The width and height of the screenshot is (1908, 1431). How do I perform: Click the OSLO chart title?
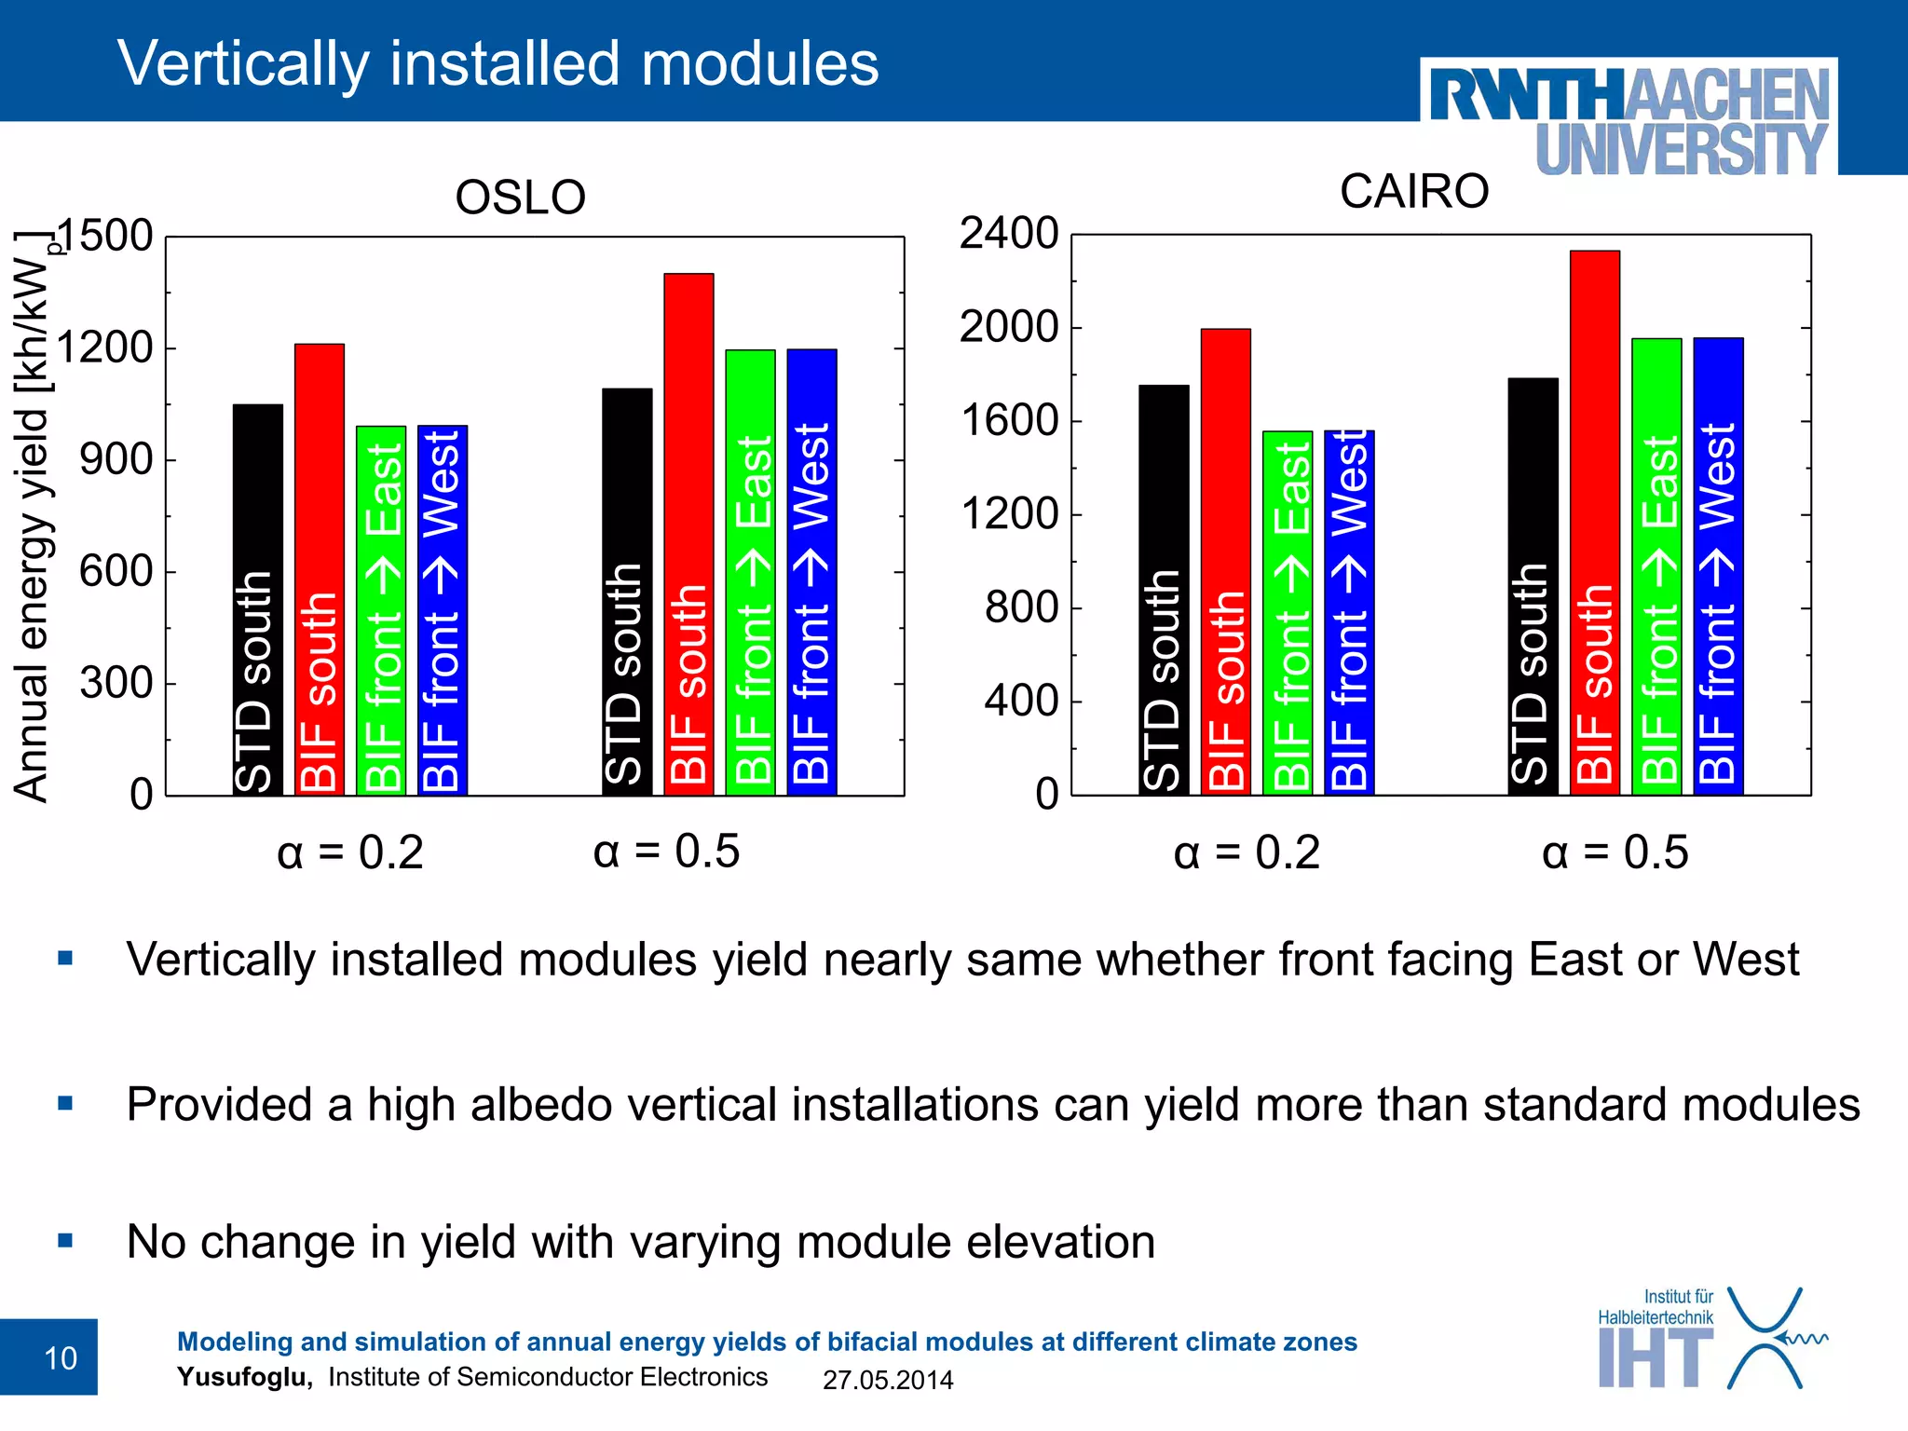pyautogui.click(x=520, y=198)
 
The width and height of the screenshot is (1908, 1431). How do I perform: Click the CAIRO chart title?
pyautogui.click(x=1413, y=192)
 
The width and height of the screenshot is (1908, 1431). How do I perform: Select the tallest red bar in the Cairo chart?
pyautogui.click(x=1594, y=522)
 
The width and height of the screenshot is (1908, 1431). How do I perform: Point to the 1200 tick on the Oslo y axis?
pyautogui.click(x=104, y=348)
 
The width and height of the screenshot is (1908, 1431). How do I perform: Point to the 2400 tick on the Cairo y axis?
pyautogui.click(x=1009, y=233)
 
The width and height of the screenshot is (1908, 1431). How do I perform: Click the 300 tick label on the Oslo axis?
pyautogui.click(x=116, y=683)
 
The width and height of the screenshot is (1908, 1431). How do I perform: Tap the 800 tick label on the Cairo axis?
pyautogui.click(x=1021, y=607)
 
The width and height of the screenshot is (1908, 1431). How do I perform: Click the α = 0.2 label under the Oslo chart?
pyautogui.click(x=350, y=852)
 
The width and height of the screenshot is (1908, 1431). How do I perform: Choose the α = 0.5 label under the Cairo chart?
pyautogui.click(x=1615, y=852)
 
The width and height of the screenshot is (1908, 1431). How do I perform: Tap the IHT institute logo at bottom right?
pyautogui.click(x=1710, y=1340)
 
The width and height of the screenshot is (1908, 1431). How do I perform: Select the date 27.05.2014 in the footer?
pyautogui.click(x=887, y=1380)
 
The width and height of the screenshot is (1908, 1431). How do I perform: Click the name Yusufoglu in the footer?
pyautogui.click(x=244, y=1377)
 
